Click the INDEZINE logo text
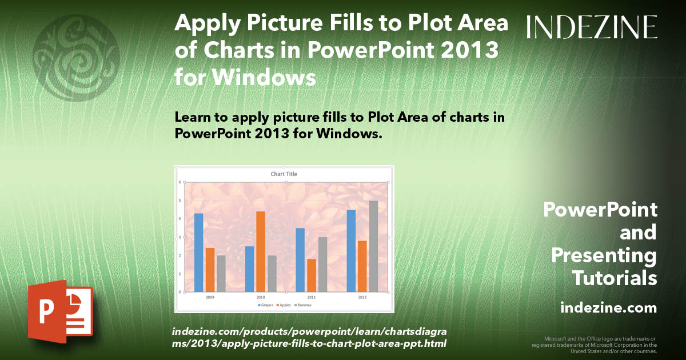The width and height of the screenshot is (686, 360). pyautogui.click(x=592, y=27)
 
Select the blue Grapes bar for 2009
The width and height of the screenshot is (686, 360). pyautogui.click(x=198, y=252)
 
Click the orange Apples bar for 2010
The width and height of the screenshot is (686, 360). pyautogui.click(x=260, y=251)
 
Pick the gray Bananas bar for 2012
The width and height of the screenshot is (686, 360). pyautogui.click(x=373, y=246)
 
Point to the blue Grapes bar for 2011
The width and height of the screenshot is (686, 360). pyautogui.click(x=300, y=259)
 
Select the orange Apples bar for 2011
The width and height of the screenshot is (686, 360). pyautogui.click(x=311, y=275)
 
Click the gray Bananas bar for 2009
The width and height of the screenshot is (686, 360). pyautogui.click(x=221, y=273)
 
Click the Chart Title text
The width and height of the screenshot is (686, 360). pyautogui.click(x=284, y=174)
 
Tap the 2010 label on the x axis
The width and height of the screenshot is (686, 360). pyautogui.click(x=260, y=298)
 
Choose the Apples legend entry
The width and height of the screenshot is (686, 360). pyautogui.click(x=284, y=305)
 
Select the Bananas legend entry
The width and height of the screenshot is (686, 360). pyautogui.click(x=304, y=305)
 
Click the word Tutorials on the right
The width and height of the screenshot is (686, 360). pyautogui.click(x=615, y=278)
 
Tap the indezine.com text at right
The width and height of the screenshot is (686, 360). pyautogui.click(x=609, y=308)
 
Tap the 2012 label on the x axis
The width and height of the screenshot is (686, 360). pyautogui.click(x=362, y=298)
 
